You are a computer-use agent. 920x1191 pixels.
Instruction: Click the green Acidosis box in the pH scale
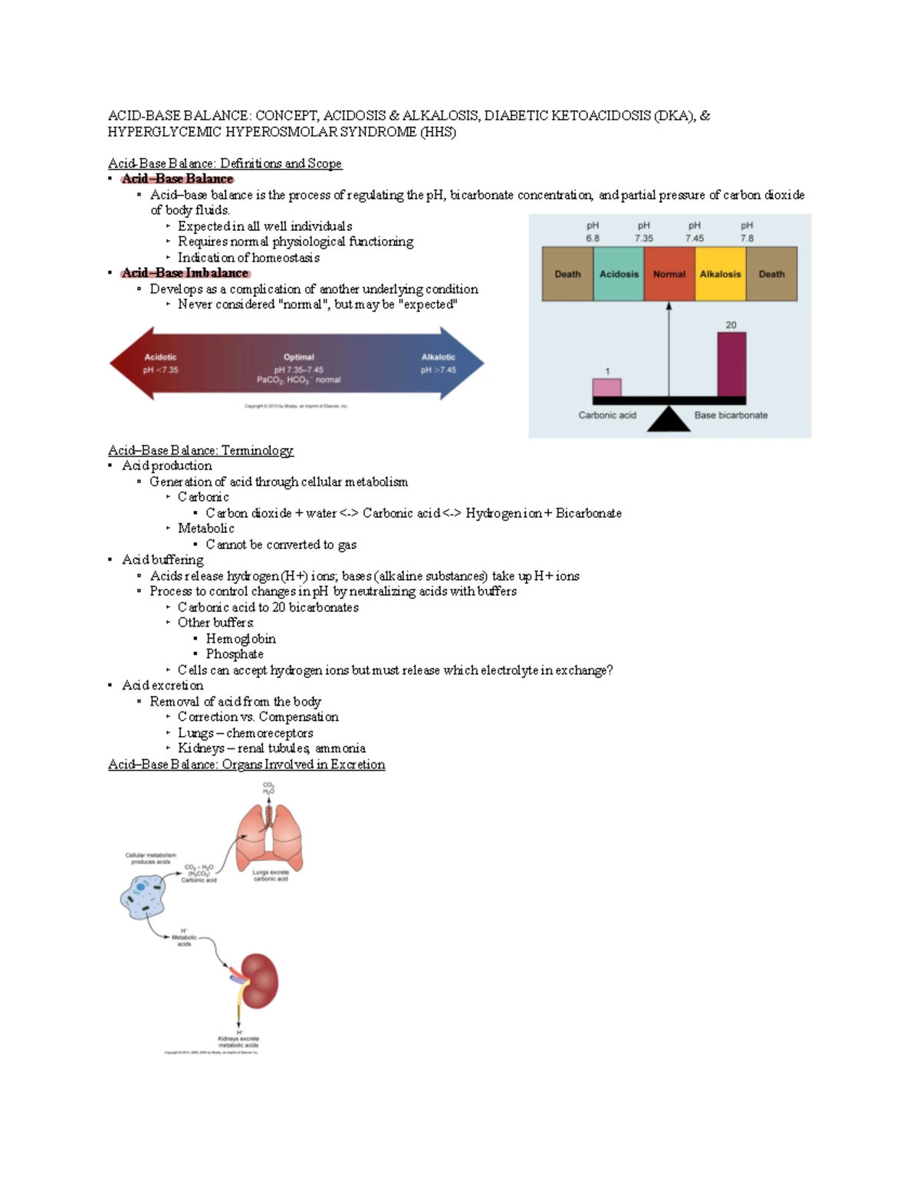618,274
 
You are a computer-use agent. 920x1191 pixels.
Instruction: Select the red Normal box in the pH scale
669,274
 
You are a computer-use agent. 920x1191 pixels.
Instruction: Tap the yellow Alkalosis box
720,274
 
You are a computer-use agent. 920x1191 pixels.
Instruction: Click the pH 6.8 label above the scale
593,232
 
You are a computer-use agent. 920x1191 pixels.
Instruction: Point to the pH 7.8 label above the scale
747,232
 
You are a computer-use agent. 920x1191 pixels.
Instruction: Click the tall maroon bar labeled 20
731,364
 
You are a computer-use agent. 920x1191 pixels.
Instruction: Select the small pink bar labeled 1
606,387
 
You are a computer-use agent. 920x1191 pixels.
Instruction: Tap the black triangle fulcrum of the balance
669,419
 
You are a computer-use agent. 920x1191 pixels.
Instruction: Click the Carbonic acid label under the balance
607,415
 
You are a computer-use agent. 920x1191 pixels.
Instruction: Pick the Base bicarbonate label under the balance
731,415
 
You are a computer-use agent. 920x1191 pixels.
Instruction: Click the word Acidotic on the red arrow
160,357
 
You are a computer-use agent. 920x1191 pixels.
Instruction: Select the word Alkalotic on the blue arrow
438,357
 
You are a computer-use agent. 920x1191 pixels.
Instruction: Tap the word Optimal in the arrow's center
298,357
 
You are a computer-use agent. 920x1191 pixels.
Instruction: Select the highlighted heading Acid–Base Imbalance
185,273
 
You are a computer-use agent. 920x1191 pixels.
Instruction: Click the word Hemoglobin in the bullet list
241,639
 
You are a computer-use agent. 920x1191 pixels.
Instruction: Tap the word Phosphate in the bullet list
235,654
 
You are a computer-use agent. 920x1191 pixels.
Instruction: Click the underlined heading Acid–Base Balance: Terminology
200,450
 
